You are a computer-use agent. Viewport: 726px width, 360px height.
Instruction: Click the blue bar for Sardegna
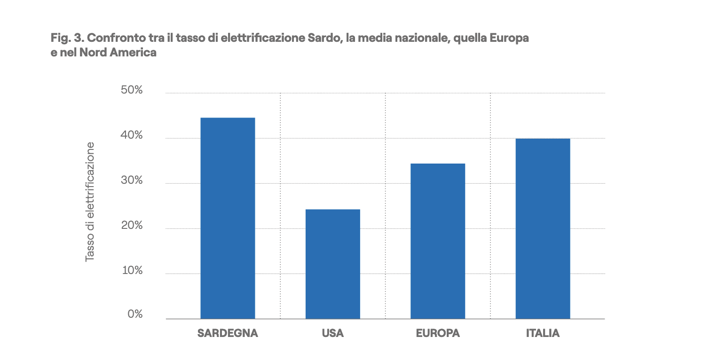pos(228,218)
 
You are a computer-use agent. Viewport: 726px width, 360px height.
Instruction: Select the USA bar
pos(332,264)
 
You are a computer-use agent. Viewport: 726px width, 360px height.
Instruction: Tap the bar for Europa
pos(438,241)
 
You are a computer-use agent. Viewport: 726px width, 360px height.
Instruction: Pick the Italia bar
pos(543,228)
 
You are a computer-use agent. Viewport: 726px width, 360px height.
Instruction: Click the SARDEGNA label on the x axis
pos(228,334)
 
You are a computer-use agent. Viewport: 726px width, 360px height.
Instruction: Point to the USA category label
pos(332,334)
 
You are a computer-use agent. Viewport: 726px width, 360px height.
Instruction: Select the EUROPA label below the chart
pos(438,334)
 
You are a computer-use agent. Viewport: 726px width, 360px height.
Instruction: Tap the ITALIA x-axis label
pos(543,334)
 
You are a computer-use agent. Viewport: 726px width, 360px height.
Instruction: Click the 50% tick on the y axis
pos(132,90)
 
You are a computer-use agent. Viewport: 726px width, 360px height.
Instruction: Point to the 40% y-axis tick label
pos(132,135)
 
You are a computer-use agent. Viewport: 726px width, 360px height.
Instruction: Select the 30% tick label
pos(132,180)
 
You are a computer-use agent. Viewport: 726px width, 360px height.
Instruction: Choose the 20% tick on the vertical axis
pos(132,226)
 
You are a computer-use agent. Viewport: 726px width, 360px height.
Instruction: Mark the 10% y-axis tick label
pos(132,271)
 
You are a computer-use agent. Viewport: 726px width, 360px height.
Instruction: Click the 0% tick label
pos(134,314)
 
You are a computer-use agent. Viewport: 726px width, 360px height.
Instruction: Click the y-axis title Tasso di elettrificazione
pos(90,202)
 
